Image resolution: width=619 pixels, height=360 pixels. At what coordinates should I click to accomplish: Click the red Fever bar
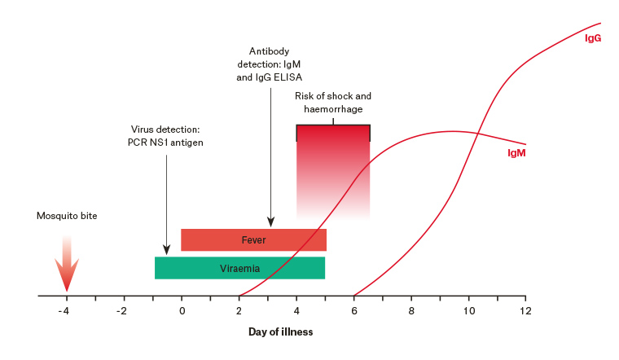(x=253, y=240)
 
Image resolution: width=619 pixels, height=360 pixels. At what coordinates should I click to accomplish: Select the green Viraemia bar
(x=239, y=268)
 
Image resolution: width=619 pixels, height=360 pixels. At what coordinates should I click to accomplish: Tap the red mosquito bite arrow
(x=67, y=262)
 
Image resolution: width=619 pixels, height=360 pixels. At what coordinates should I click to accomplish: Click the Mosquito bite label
(x=67, y=217)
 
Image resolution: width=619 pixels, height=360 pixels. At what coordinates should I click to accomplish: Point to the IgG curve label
(x=593, y=37)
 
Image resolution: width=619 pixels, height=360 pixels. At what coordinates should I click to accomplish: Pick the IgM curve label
(x=516, y=152)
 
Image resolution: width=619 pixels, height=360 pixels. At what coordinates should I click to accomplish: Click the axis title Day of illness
(x=280, y=331)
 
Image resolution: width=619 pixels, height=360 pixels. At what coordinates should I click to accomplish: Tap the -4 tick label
(x=65, y=310)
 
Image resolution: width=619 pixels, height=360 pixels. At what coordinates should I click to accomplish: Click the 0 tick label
(x=182, y=310)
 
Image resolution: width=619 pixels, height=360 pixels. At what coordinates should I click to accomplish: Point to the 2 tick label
(x=239, y=310)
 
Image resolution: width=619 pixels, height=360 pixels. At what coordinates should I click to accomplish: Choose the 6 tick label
(x=353, y=310)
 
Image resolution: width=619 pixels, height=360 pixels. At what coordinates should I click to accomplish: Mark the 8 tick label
(x=411, y=310)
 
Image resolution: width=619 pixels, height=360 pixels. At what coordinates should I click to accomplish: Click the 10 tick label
(x=468, y=310)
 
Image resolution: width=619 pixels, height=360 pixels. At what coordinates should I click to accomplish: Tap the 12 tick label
(x=526, y=310)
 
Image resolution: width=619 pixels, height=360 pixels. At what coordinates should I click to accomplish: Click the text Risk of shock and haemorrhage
(x=333, y=103)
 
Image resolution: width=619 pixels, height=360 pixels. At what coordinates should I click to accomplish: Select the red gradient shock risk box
(x=333, y=171)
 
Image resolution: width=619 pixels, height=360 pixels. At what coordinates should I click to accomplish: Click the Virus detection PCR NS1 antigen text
(x=166, y=136)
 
